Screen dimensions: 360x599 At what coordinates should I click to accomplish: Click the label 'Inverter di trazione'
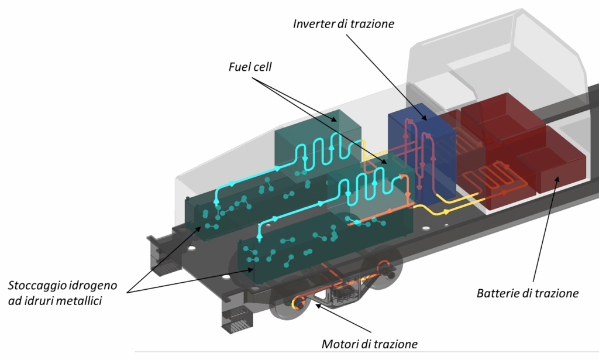coord(343,24)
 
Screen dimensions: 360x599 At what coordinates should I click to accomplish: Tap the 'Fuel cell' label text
coord(250,67)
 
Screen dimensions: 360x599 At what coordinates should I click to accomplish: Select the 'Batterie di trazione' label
coord(527,293)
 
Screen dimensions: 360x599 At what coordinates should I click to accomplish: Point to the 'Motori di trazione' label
coord(370,344)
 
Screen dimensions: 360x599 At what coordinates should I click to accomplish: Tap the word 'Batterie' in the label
coord(496,293)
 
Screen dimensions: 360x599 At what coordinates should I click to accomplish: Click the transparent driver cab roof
coord(497,41)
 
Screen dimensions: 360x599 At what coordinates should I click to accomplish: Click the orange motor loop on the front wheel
coord(299,302)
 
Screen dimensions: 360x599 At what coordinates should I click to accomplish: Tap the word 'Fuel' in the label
coord(237,67)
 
